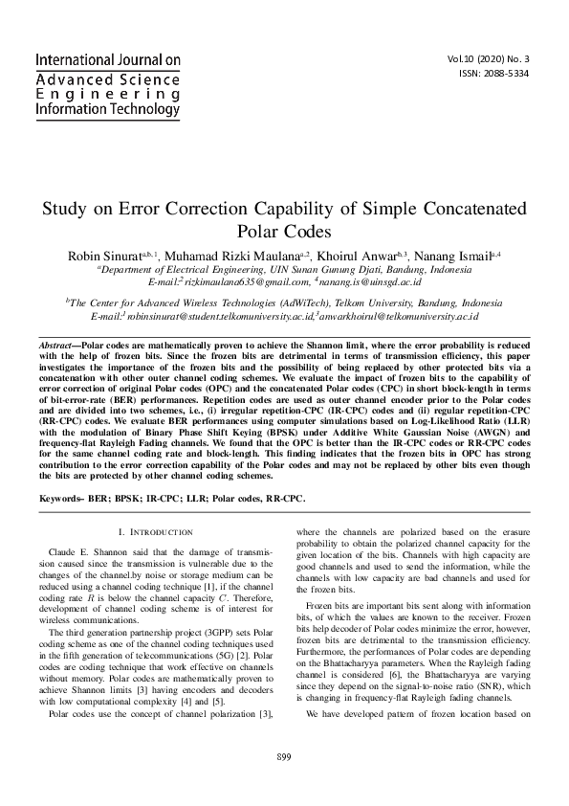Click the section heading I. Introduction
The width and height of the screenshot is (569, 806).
pyautogui.click(x=155, y=531)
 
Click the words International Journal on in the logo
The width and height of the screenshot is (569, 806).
pyautogui.click(x=107, y=59)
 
